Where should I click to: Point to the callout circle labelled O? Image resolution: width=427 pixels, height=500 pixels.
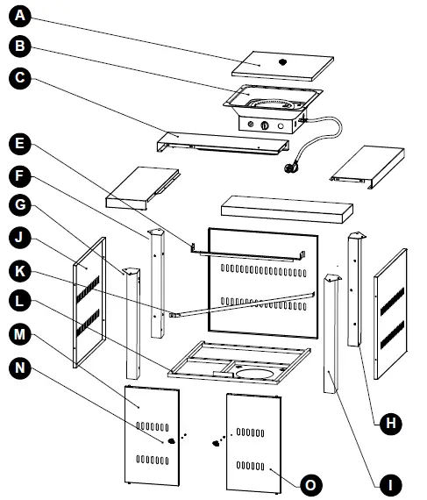point(308,482)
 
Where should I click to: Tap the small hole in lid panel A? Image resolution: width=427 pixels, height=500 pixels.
point(283,62)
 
